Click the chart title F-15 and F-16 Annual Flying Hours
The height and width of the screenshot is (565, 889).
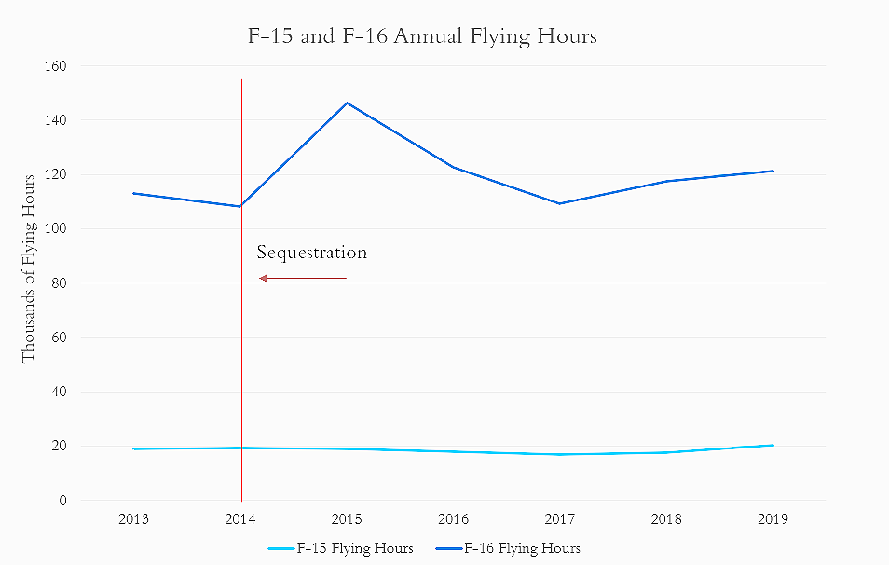pos(420,37)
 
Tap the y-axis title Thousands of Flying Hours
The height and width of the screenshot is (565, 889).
pos(29,268)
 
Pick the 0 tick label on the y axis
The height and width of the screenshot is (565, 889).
pos(62,501)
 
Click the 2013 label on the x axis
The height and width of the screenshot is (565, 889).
pos(134,519)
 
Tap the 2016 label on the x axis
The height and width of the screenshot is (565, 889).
pos(453,519)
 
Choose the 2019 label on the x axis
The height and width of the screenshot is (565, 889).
pos(772,519)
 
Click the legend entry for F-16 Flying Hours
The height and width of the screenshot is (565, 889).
pos(521,548)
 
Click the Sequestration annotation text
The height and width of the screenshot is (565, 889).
pos(312,253)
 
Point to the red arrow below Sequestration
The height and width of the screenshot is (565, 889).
pos(303,278)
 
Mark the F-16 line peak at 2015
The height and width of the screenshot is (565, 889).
pos(348,103)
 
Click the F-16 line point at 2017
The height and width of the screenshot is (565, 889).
pos(559,203)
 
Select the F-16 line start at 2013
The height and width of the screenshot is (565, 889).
pos(134,193)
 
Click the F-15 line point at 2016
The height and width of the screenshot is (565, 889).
pos(453,451)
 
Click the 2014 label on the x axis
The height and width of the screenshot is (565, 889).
pos(240,519)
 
